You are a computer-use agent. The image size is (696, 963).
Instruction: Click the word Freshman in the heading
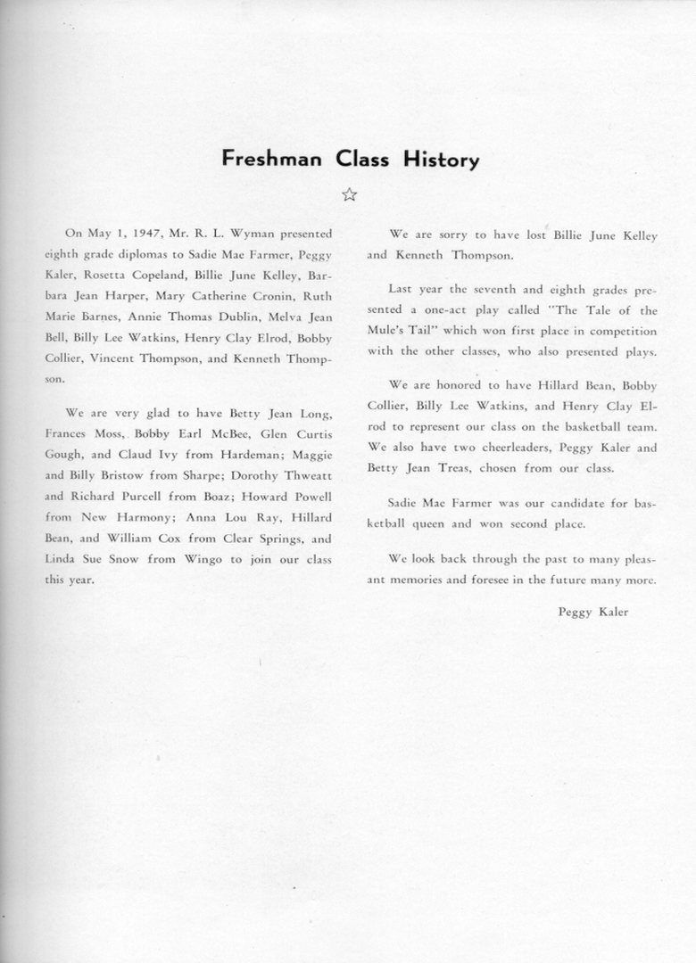(x=275, y=160)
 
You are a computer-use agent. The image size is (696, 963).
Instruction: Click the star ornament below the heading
(x=349, y=194)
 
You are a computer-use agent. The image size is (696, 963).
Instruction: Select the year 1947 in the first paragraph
(x=144, y=234)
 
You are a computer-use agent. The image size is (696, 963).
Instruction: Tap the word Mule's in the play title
(x=388, y=332)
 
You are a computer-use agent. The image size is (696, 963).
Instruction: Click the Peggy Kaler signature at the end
(x=592, y=612)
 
